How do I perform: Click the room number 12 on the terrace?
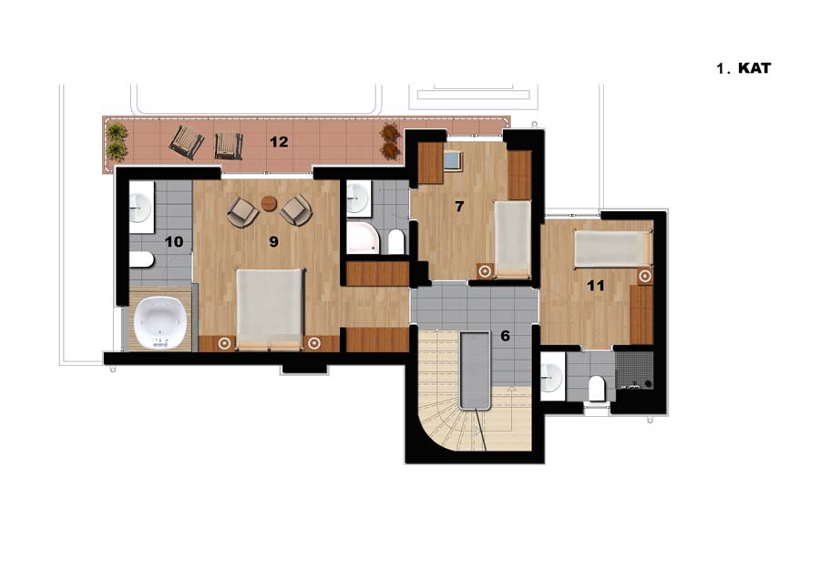(279, 142)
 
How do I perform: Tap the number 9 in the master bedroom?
(273, 241)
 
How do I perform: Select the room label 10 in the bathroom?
(174, 242)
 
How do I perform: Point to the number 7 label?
(459, 207)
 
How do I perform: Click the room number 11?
(596, 285)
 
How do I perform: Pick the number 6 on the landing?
(505, 336)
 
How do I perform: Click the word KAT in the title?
(754, 68)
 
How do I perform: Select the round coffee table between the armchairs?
(269, 203)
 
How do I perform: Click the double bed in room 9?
(270, 310)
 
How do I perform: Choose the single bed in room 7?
(512, 239)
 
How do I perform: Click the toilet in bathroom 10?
(141, 259)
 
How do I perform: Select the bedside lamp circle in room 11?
(645, 276)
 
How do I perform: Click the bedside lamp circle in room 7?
(486, 271)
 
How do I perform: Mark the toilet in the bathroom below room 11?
(596, 389)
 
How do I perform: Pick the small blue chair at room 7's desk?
(454, 159)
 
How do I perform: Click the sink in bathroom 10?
(140, 208)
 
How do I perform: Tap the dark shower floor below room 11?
(634, 370)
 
